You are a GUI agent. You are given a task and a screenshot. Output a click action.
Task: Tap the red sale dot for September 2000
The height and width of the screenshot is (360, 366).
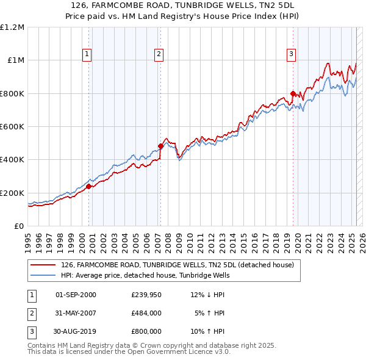click(88, 187)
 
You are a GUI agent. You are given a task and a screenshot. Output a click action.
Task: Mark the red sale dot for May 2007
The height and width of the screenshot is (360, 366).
click(160, 146)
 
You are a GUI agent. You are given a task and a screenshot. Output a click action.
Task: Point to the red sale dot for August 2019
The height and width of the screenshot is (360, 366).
click(293, 93)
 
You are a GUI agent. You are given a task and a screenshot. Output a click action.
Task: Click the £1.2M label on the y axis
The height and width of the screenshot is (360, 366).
click(12, 27)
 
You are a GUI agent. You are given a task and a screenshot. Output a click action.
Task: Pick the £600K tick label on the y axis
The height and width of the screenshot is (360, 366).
click(12, 127)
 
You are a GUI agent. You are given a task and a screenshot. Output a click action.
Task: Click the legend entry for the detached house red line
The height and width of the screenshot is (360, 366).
click(178, 265)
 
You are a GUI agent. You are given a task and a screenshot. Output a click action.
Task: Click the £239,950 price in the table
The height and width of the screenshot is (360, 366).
click(146, 295)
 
